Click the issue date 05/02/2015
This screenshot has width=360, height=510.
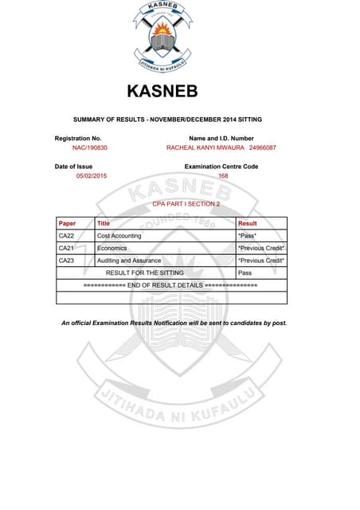tap(91, 175)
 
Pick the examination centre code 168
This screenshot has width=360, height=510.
tap(223, 175)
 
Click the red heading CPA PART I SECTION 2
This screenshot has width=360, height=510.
tap(186, 205)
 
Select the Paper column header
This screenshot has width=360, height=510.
tap(68, 224)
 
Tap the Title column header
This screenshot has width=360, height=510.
tap(104, 224)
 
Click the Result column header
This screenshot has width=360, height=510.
tap(248, 224)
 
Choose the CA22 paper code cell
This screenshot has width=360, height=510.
tap(67, 236)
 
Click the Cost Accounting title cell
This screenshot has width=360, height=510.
tap(119, 236)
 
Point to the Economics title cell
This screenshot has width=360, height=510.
tap(112, 249)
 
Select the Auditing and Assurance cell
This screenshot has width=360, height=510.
tap(128, 261)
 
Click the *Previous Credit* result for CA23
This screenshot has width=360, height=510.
tap(261, 261)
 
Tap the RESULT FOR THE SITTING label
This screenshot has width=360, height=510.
tap(146, 273)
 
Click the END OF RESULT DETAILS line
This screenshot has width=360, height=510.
tap(170, 284)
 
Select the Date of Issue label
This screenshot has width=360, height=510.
tap(73, 166)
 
